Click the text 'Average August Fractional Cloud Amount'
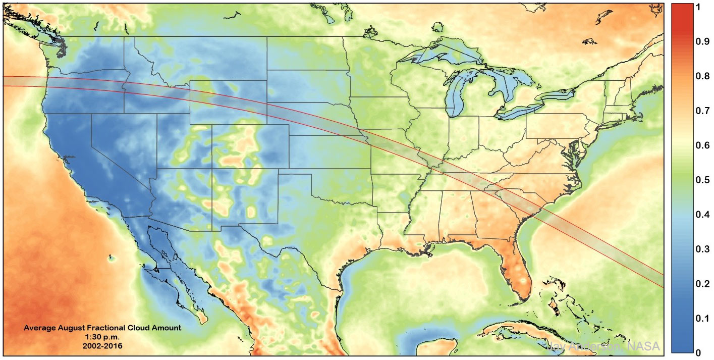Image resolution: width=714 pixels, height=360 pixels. pos(102,328)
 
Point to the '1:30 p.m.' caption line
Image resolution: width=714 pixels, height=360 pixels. pos(102,337)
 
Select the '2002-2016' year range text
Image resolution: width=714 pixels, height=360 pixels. pos(102,346)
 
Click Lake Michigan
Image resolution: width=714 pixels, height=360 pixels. pos(456,96)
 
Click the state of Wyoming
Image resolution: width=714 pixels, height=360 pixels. pos(227,101)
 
